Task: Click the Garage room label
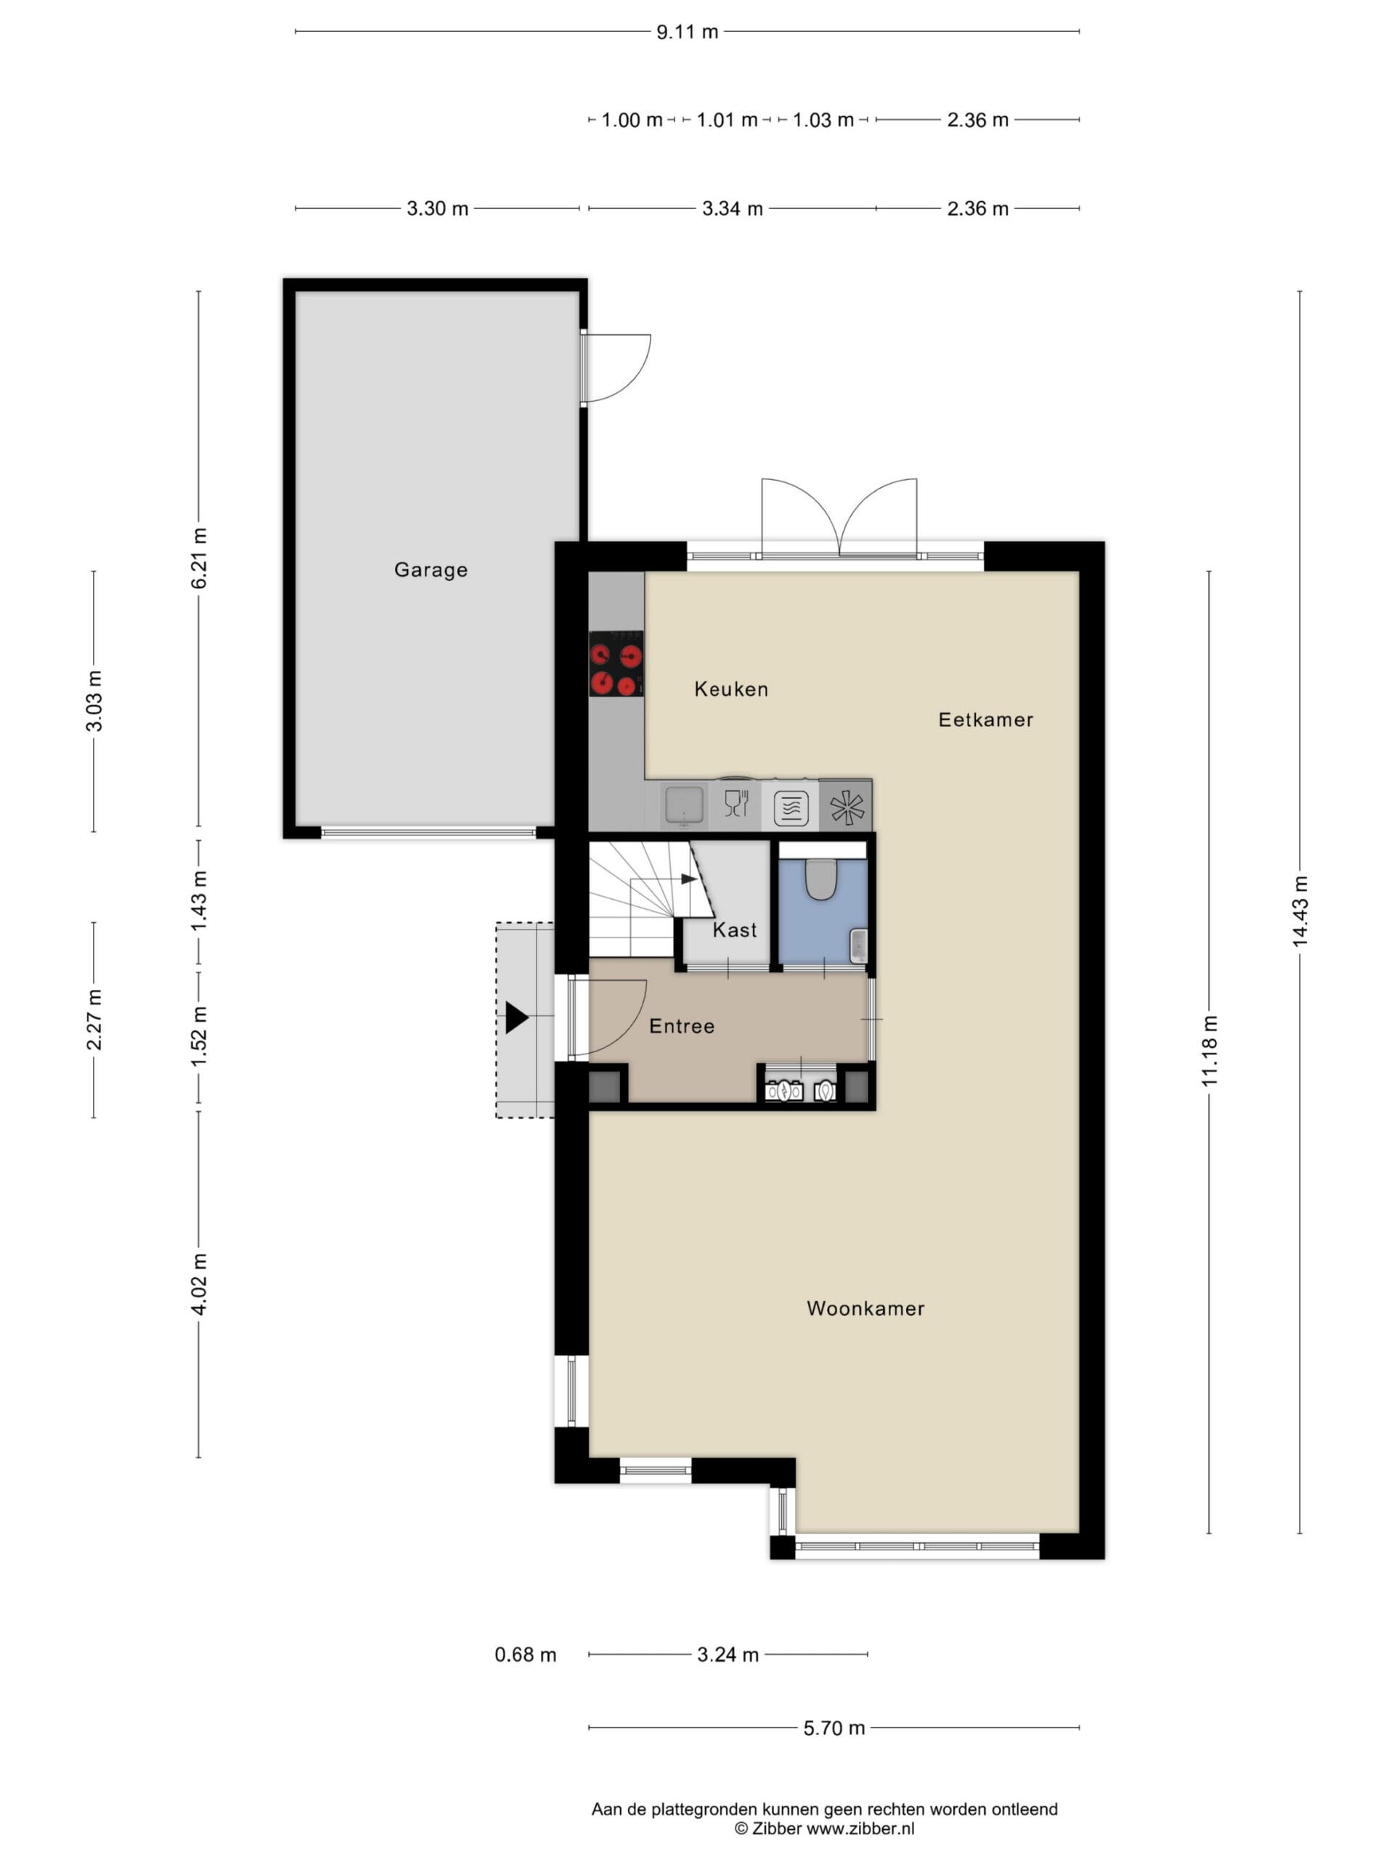(431, 570)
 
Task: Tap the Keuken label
(731, 689)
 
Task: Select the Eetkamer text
(986, 720)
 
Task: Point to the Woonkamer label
(865, 1309)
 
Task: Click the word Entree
(682, 1026)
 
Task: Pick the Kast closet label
(735, 929)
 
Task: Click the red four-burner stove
(616, 664)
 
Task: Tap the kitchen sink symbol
(684, 805)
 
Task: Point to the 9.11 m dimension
(687, 32)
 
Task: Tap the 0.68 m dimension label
(525, 1655)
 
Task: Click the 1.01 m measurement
(727, 120)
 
